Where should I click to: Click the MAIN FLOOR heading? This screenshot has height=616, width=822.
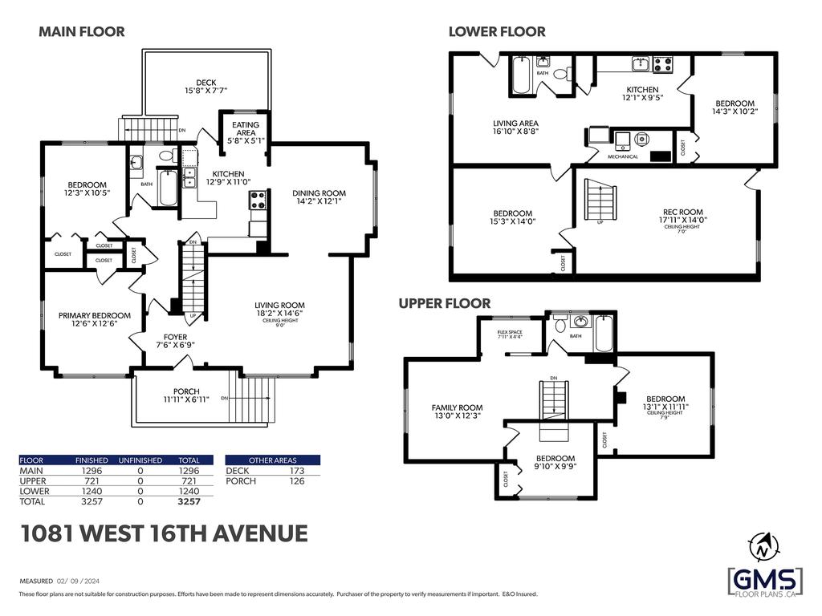pos(82,32)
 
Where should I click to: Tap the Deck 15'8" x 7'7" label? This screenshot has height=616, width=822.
pos(205,87)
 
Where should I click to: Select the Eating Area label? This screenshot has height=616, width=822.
pos(246,129)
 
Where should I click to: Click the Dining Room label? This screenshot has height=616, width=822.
pos(319,197)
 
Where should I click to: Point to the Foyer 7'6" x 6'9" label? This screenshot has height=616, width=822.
pos(175,341)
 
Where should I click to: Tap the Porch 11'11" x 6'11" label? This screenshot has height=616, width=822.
pos(187,395)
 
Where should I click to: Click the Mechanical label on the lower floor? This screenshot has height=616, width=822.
pos(623,156)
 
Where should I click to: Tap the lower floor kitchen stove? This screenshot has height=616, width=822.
pos(663,65)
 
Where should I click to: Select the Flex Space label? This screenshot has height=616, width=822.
pos(510,334)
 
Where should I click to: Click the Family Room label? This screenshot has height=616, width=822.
pos(457,411)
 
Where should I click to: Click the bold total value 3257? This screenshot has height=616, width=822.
pos(189,502)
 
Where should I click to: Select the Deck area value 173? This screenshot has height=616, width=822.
pos(296,471)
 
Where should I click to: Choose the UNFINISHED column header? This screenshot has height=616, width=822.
pos(140,460)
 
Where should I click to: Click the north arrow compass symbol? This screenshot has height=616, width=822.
pos(759,549)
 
